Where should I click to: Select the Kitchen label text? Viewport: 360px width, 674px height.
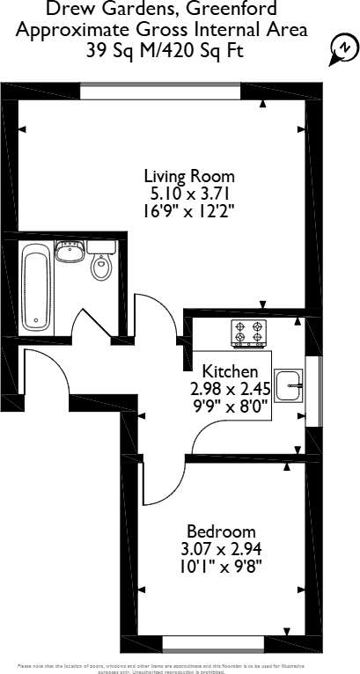pyautogui.click(x=231, y=371)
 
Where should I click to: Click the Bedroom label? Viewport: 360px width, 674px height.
pyautogui.click(x=221, y=531)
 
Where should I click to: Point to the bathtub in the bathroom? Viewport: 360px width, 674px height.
pyautogui.click(x=36, y=287)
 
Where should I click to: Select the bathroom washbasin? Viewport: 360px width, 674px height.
pyautogui.click(x=69, y=253)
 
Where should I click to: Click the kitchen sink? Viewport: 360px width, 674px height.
pyautogui.click(x=290, y=384)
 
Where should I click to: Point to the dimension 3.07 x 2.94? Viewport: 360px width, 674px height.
pyautogui.click(x=221, y=549)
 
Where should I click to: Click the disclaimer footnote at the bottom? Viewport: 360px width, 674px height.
pyautogui.click(x=180, y=666)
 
